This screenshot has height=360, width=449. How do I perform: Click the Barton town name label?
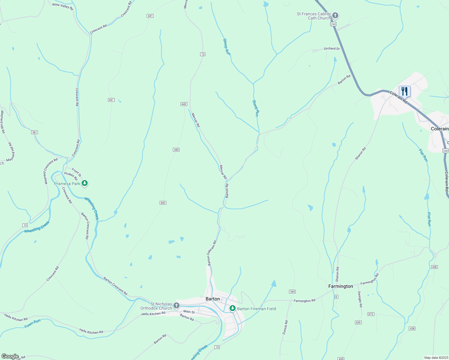click(x=212, y=299)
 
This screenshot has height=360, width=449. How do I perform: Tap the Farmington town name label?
click(x=340, y=286)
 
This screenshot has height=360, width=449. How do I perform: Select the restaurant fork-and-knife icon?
click(x=404, y=91)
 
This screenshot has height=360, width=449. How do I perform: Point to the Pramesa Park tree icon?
click(x=85, y=183)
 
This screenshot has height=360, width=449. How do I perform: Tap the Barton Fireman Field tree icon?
click(x=232, y=308)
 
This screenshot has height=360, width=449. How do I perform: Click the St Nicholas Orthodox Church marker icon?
click(x=176, y=306)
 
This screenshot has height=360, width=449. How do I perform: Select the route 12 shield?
click(x=203, y=54)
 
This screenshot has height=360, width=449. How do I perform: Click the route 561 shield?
click(x=35, y=132)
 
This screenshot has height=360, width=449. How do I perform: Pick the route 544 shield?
click(x=292, y=292)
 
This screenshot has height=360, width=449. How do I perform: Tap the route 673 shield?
click(x=371, y=314)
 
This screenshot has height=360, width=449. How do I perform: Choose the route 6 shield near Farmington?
click(x=336, y=297)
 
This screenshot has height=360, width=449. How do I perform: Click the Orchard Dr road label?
click(x=332, y=49)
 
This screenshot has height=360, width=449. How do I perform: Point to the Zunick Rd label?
click(x=285, y=328)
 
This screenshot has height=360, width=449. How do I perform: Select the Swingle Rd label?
click(x=360, y=299)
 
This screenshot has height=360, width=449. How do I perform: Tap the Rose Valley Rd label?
click(x=63, y=6)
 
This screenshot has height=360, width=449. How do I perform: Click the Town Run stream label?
click(x=32, y=324)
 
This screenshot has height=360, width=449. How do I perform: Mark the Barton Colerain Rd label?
click(x=212, y=253)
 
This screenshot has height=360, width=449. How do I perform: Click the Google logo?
click(x=10, y=356)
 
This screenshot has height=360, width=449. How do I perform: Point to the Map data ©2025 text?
click(x=436, y=358)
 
